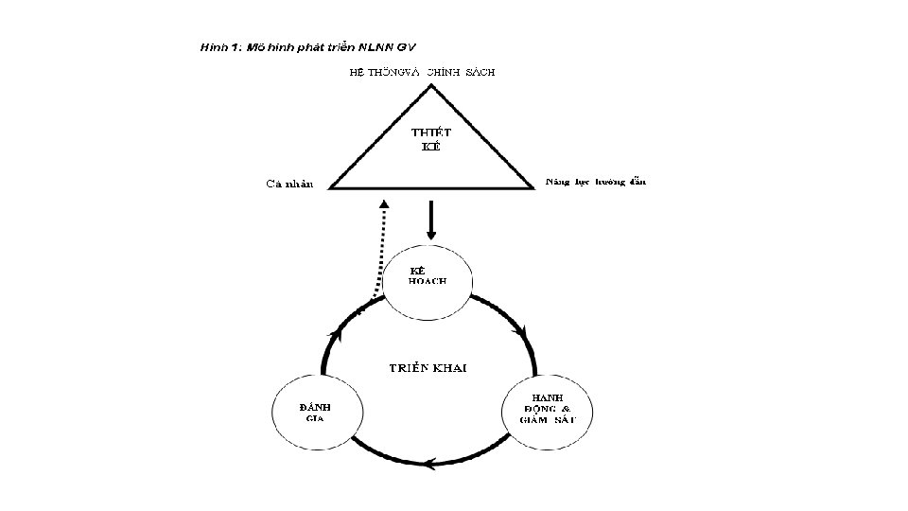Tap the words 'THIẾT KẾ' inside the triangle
click(429, 138)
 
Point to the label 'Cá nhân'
click(288, 184)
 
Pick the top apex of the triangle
click(431, 86)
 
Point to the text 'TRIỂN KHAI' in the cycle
click(429, 367)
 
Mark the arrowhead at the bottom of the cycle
click(428, 464)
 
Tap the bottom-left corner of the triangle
click(330, 186)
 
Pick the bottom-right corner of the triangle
click(533, 186)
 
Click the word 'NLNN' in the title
click(370, 45)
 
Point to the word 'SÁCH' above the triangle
click(479, 72)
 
